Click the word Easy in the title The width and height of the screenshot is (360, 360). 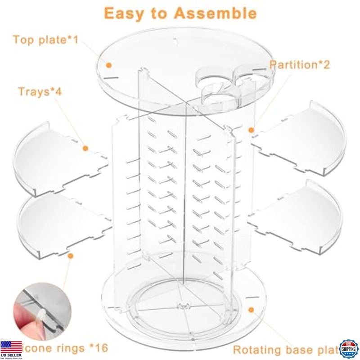tap(125, 13)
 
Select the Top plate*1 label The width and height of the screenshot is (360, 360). tap(45, 40)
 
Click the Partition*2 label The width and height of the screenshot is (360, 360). tap(300, 64)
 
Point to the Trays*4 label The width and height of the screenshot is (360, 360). tap(40, 92)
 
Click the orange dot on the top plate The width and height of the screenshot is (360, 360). tap(108, 65)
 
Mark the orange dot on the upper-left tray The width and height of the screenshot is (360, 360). tap(85, 148)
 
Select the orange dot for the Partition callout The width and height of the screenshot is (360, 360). tap(252, 130)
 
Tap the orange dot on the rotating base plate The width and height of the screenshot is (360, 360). tap(252, 310)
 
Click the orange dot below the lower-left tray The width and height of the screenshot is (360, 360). tap(70, 256)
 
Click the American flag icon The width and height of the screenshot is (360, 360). tap(11, 347)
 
